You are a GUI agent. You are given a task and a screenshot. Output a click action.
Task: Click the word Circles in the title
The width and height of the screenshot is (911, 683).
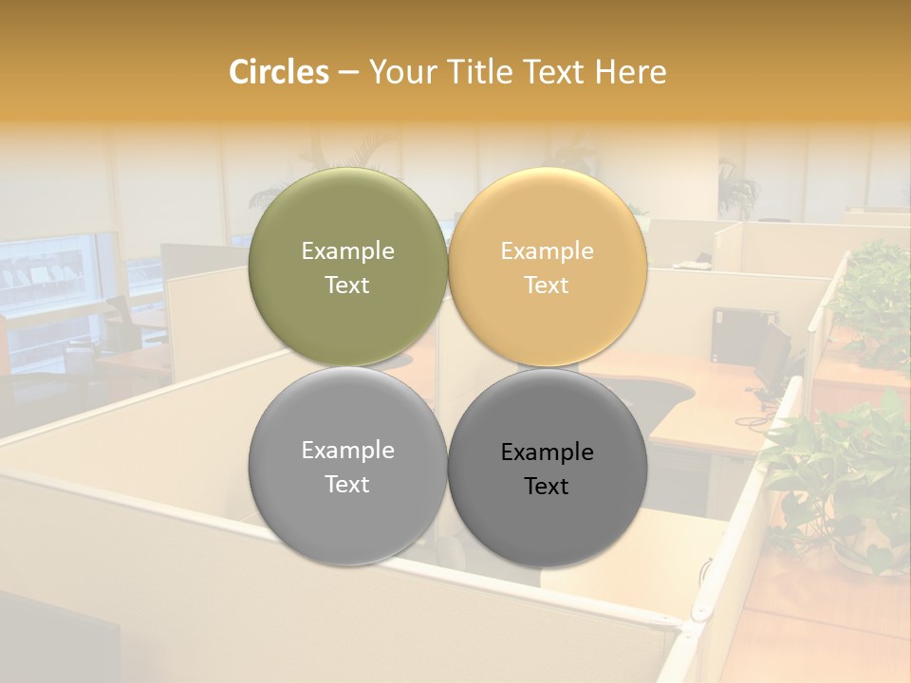[x=279, y=72]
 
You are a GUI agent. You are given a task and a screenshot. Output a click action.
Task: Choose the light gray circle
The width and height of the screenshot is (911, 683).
[x=347, y=512]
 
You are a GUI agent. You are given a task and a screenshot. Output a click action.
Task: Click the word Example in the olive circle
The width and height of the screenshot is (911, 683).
[x=347, y=251]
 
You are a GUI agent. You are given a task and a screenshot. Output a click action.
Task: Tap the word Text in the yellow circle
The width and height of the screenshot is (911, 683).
[x=547, y=286]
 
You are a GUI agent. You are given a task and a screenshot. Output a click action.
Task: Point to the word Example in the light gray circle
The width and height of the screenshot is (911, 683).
[x=347, y=451]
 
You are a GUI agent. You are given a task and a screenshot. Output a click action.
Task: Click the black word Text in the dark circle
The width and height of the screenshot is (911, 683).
[x=547, y=487]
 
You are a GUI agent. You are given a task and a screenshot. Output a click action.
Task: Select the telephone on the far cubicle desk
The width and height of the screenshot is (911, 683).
[x=704, y=258]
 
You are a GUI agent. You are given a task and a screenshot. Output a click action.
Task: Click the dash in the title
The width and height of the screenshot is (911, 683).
[x=348, y=73]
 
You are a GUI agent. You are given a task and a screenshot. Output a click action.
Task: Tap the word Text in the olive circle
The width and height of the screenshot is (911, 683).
[x=347, y=286]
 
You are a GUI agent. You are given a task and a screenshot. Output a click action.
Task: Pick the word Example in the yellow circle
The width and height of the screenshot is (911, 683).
[x=547, y=251]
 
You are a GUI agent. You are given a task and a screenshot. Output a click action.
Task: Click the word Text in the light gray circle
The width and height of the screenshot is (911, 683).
[x=347, y=485]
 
